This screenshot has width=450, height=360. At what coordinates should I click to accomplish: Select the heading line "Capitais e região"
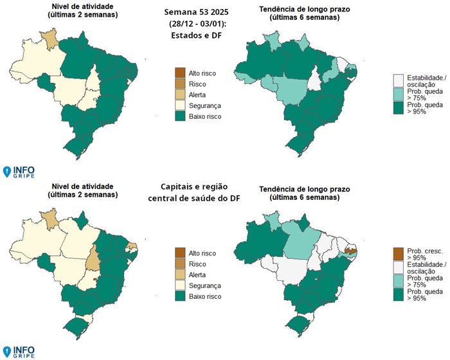pos(194,186)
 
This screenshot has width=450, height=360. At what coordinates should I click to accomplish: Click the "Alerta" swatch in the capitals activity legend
pos(181,274)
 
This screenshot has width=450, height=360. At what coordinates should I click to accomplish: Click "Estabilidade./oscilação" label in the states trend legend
pos(422,80)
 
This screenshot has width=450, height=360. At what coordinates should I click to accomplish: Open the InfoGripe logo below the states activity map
pos(19,171)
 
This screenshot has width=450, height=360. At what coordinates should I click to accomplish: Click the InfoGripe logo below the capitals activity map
pos(19,351)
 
